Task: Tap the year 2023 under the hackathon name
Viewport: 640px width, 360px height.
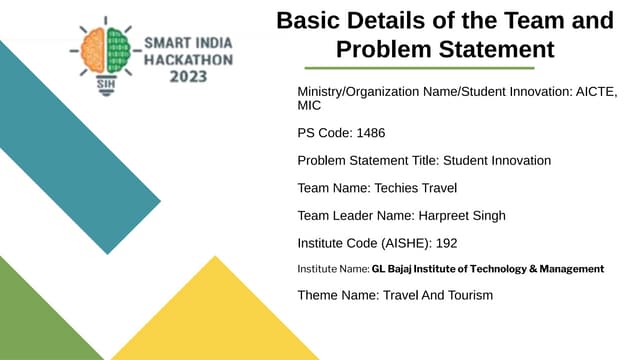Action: click(189, 76)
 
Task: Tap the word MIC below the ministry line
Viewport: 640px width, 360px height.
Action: click(310, 105)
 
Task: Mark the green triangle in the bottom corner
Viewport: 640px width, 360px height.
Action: click(35, 320)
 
